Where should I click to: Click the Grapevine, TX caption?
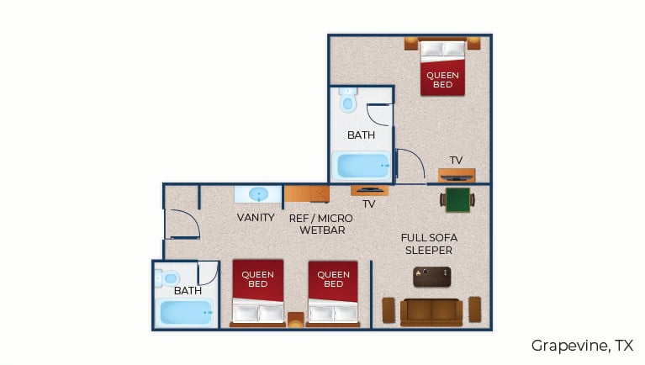coord(582,346)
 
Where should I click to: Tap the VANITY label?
coord(256,217)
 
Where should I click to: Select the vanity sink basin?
coord(258,194)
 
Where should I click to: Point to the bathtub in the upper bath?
coord(362,166)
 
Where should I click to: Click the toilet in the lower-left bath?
coord(167,278)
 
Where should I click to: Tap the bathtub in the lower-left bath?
coord(186,312)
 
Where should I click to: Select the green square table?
coord(457,200)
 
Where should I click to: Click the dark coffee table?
coord(432,277)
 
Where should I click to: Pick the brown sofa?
coord(431,312)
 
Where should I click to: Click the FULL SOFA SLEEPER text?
coord(429,244)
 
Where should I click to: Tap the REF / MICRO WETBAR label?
coord(321,225)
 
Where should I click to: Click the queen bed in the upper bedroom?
coord(442,67)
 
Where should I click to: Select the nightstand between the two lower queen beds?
coord(295,320)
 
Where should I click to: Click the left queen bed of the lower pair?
coord(258,293)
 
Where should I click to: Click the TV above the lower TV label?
coord(369,190)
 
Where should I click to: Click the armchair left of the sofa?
coord(389,309)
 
